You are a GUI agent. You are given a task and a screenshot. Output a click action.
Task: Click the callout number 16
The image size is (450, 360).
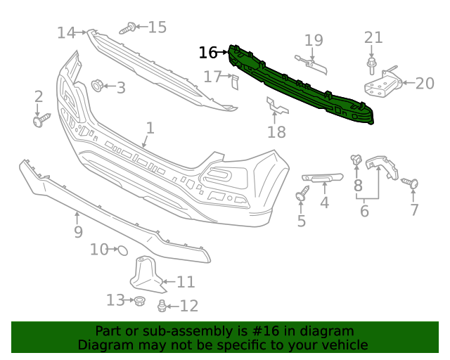pos(207,53)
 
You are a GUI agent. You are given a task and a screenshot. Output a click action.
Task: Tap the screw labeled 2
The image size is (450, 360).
pos(39,120)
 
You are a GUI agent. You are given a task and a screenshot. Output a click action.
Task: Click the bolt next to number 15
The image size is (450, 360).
pos(127,28)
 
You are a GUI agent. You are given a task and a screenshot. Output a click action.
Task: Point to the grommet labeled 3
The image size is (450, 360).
pos(97,86)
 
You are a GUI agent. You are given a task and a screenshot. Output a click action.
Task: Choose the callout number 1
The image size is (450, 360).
pos(150,128)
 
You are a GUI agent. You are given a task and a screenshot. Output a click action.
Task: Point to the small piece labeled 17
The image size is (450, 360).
pos(234,82)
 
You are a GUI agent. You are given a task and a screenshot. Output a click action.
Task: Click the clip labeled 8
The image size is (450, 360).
pos(356,161)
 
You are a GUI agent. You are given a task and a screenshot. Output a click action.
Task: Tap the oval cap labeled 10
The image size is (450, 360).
pos(120,250)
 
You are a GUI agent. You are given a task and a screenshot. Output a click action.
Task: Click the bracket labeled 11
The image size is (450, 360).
pos(146,275)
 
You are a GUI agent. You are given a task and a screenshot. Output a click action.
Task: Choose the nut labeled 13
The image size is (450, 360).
pos(139,301)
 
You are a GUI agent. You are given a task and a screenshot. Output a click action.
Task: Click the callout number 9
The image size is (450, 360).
pos(77,231)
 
